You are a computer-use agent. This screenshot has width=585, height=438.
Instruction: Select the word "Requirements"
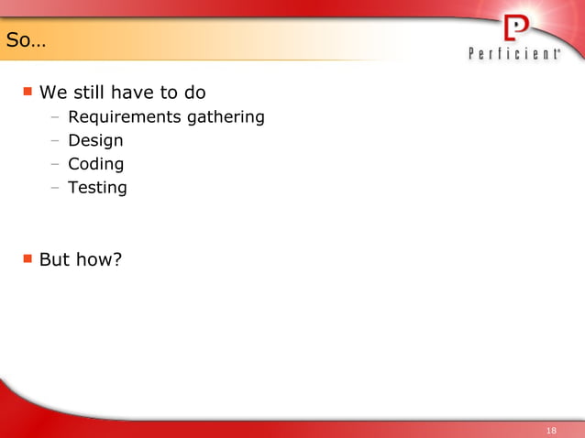[x=124, y=117]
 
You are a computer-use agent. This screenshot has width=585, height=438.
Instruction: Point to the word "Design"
[x=95, y=141]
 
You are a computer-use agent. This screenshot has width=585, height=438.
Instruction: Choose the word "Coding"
[x=95, y=165]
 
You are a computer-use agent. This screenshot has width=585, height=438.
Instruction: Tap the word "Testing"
[x=97, y=189]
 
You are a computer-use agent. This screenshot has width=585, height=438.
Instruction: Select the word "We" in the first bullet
[x=51, y=93]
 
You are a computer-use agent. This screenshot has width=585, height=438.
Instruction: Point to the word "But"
[x=54, y=259]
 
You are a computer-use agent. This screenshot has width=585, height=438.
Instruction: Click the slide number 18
[x=551, y=430]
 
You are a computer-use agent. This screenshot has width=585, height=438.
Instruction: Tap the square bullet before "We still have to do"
[x=28, y=92]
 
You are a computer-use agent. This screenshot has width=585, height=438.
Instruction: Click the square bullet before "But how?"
[x=28, y=258]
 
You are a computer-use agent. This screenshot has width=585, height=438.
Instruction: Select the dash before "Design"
[x=55, y=141]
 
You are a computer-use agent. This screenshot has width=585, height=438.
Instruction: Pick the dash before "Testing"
[x=55, y=189]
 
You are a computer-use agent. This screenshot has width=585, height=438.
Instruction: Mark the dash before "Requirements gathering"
[x=55, y=117]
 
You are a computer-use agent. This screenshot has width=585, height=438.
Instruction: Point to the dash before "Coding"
[x=55, y=165]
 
